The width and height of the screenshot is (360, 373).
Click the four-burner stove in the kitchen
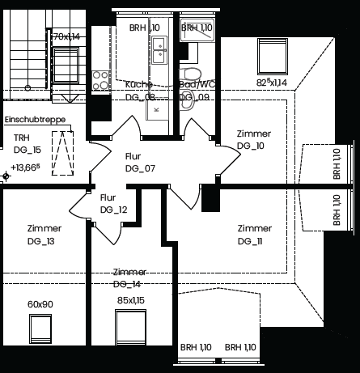pyautogui.click(x=101, y=80)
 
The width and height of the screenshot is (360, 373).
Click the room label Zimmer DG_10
pyautogui.click(x=253, y=139)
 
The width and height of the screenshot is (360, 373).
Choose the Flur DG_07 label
pyautogui.click(x=139, y=163)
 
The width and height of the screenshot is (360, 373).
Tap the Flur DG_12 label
pyautogui.click(x=113, y=203)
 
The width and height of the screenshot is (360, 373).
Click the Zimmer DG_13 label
pyautogui.click(x=43, y=235)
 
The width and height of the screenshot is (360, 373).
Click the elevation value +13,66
pyautogui.click(x=26, y=168)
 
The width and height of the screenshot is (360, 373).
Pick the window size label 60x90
pyautogui.click(x=40, y=303)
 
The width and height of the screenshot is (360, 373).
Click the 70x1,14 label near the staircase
pyautogui.click(x=66, y=36)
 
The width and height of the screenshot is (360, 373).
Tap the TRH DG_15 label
pyautogui.click(x=26, y=143)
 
